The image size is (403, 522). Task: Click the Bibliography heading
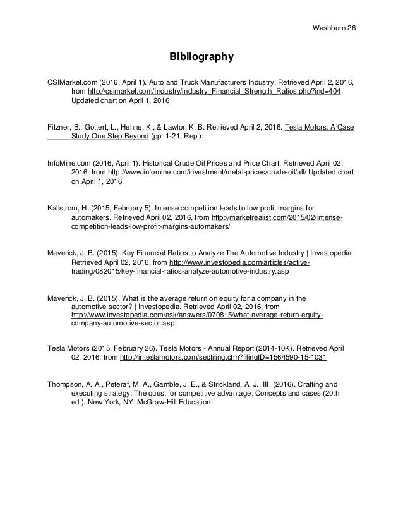click(201, 58)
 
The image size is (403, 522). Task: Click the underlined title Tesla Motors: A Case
click(320, 126)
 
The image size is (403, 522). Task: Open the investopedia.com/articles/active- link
click(236, 261)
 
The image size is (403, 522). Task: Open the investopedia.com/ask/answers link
click(198, 314)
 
